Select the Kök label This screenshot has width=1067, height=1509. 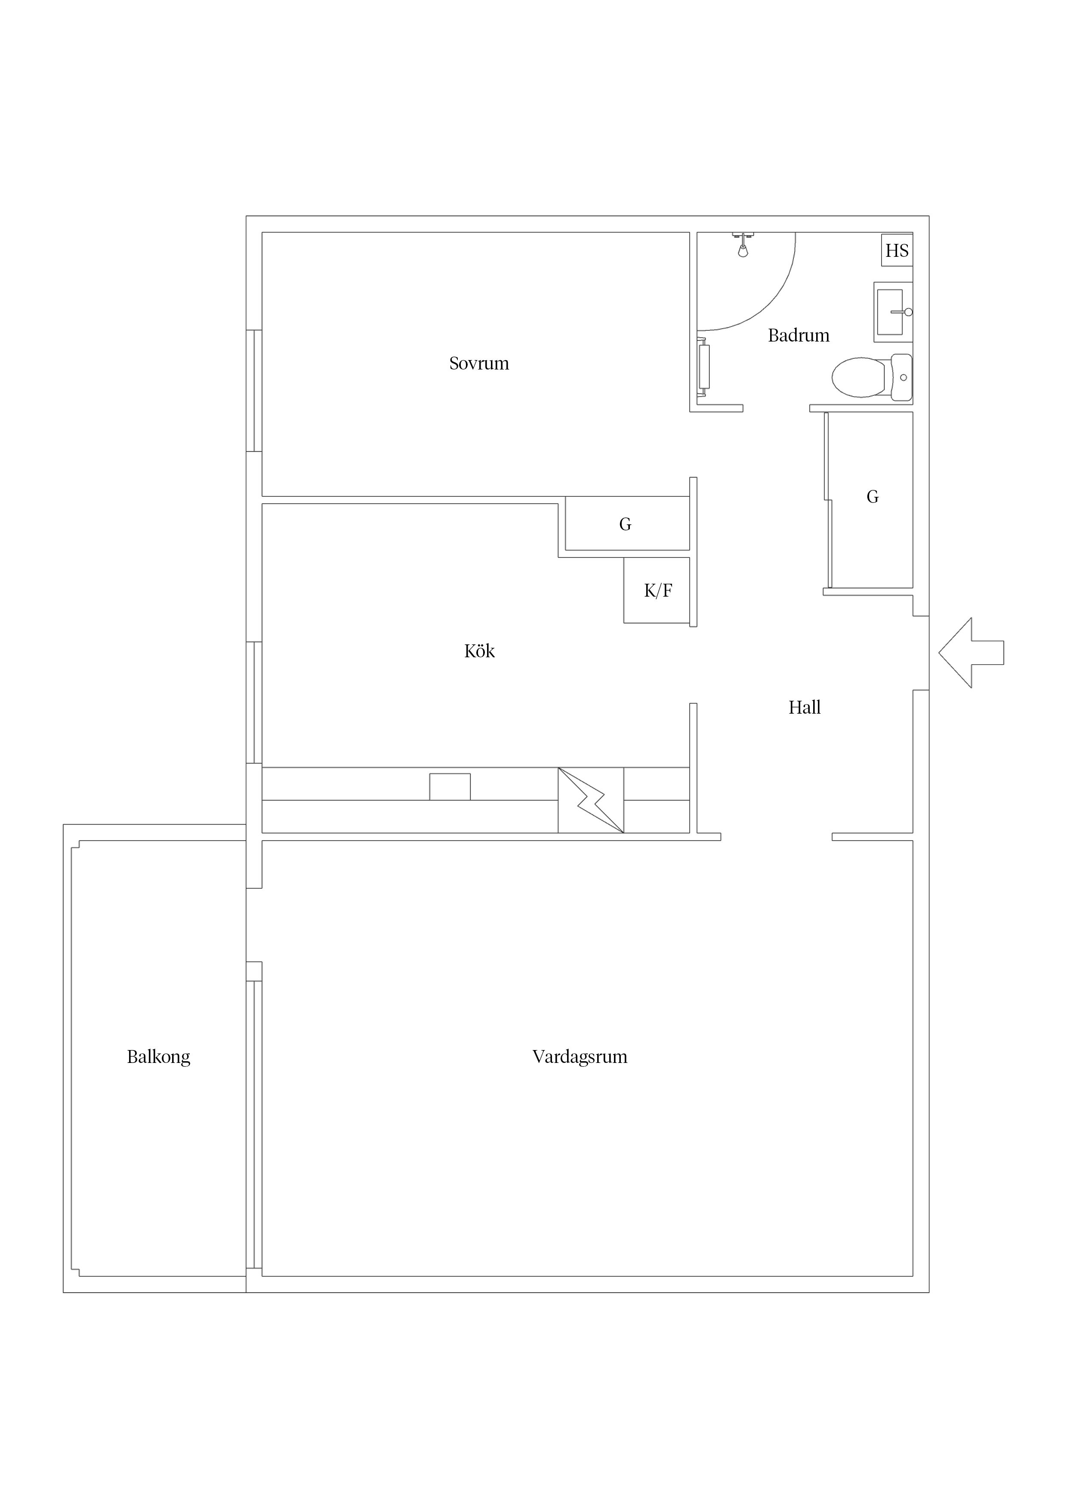click(479, 651)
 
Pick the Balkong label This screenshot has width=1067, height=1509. click(158, 1057)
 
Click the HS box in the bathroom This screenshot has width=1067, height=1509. click(897, 250)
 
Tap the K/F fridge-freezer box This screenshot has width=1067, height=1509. click(657, 590)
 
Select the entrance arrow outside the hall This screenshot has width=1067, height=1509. click(971, 653)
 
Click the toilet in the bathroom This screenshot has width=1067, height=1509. click(872, 377)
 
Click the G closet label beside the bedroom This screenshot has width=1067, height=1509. click(625, 524)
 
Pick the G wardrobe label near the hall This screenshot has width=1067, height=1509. click(873, 497)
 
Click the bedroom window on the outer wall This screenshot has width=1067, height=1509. click(254, 391)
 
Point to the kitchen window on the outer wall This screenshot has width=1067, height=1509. click(254, 702)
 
